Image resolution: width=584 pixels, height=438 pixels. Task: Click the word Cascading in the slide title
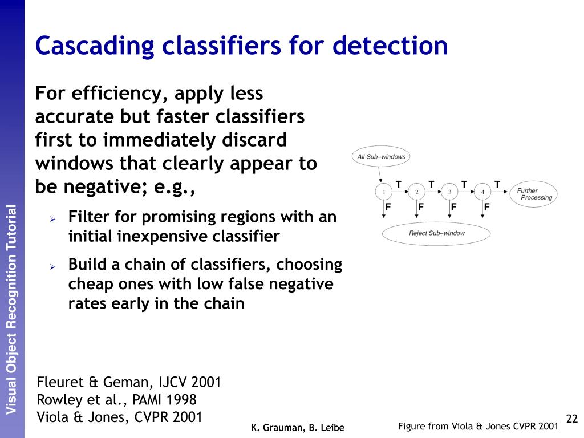tap(94, 46)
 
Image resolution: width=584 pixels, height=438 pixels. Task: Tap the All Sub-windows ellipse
tap(381, 157)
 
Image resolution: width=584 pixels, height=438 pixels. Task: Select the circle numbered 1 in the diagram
tap(384, 192)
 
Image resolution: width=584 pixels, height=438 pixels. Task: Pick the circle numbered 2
tap(417, 192)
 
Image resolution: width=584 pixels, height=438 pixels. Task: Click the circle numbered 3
tap(449, 192)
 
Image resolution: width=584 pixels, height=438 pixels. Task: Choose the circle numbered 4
tap(482, 192)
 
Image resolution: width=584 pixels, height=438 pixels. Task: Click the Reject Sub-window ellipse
tap(436, 233)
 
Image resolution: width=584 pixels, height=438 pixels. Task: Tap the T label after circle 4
tap(497, 184)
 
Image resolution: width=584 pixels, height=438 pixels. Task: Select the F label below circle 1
tap(388, 207)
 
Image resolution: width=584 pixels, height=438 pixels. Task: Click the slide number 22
tap(572, 419)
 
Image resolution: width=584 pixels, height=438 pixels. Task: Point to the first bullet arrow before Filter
tap(51, 218)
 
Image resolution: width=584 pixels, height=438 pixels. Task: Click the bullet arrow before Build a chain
tap(51, 266)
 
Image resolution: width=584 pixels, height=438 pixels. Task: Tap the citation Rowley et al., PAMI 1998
tap(116, 400)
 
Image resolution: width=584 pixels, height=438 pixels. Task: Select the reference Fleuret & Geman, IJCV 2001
tap(129, 382)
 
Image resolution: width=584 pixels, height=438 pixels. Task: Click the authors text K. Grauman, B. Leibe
tap(298, 427)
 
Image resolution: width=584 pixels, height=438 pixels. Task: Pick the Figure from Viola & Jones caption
tap(477, 426)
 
